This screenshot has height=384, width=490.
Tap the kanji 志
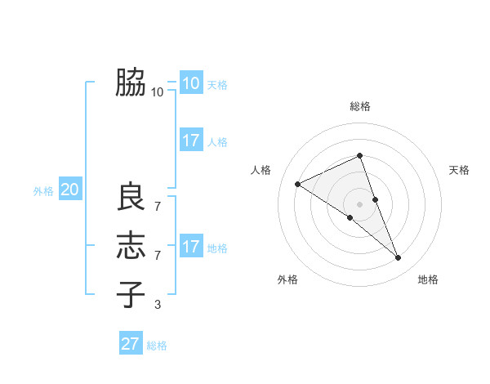[x=131, y=246]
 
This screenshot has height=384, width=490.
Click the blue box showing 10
[x=190, y=83]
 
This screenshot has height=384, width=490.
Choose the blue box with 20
[x=69, y=190]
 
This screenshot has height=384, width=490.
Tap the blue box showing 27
[x=131, y=343]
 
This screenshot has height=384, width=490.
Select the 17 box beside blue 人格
[x=190, y=141]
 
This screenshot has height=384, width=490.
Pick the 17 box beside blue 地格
[x=190, y=247]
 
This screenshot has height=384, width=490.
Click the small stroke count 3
[x=158, y=305]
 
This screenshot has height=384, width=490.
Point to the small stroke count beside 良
[x=158, y=199]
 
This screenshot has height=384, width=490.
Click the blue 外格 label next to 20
[x=43, y=191]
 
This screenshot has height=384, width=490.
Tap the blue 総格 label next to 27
[x=157, y=346]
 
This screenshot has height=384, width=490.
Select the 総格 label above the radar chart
[x=360, y=106]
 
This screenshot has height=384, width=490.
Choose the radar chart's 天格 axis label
[x=459, y=170]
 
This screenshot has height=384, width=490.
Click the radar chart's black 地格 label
[x=428, y=279]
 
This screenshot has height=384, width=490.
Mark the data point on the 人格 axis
[x=298, y=184]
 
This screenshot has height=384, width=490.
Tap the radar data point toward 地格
[x=399, y=258]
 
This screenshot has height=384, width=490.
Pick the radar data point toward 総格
[x=360, y=155]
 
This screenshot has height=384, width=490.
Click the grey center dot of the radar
[x=360, y=203]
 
